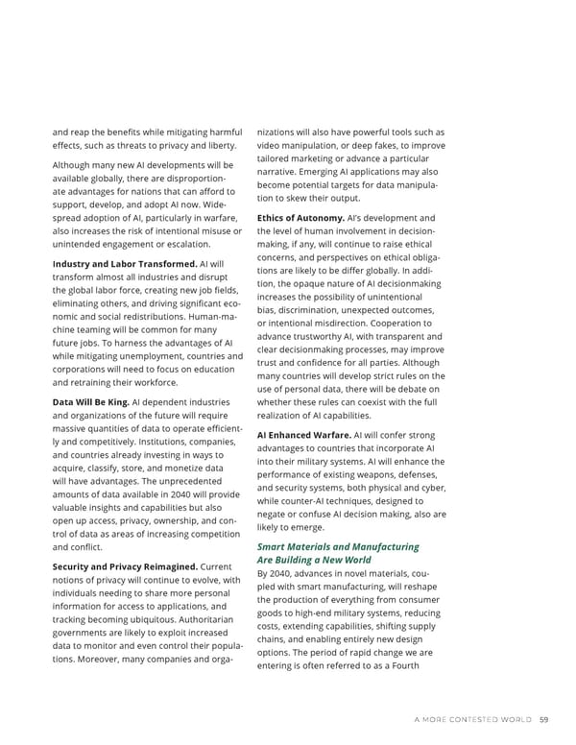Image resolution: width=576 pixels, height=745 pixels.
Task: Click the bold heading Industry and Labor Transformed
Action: click(x=124, y=264)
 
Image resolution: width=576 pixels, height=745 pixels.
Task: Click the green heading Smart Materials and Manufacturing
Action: click(x=338, y=546)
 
